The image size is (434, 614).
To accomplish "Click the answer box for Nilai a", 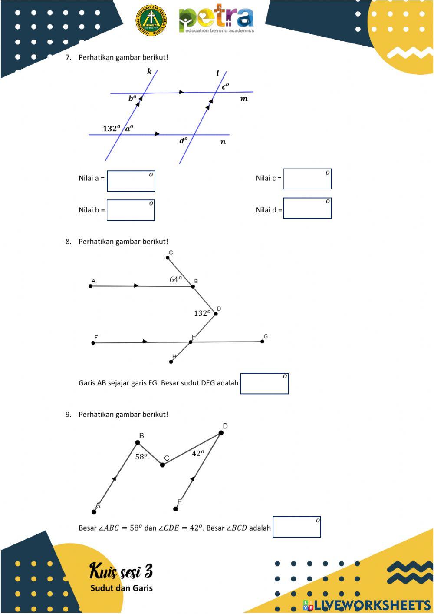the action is pyautogui.click(x=131, y=181).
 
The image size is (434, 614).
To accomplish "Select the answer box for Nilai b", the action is pyautogui.click(x=131, y=210).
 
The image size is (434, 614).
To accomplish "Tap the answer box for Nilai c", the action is pyautogui.click(x=307, y=179).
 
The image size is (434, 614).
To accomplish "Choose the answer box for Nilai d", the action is pyautogui.click(x=307, y=208).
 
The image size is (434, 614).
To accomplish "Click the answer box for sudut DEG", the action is pyautogui.click(x=264, y=383).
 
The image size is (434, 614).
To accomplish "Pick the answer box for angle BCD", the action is pyautogui.click(x=297, y=527).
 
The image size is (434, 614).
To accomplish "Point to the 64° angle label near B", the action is pyautogui.click(x=175, y=279).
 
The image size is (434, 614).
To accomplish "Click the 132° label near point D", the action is pyautogui.click(x=202, y=313).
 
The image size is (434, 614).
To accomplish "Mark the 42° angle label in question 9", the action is pyautogui.click(x=198, y=453).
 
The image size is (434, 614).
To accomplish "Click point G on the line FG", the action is pyautogui.click(x=262, y=342).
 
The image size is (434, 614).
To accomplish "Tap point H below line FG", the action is pyautogui.click(x=171, y=362).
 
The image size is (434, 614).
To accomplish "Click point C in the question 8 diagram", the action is pyautogui.click(x=168, y=258).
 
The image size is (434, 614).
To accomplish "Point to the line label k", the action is pyautogui.click(x=149, y=71).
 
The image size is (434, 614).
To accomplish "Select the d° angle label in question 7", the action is pyautogui.click(x=184, y=141).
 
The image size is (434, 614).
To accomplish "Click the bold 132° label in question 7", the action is pyautogui.click(x=112, y=128).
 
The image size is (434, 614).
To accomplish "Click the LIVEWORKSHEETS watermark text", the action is pyautogui.click(x=367, y=605).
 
